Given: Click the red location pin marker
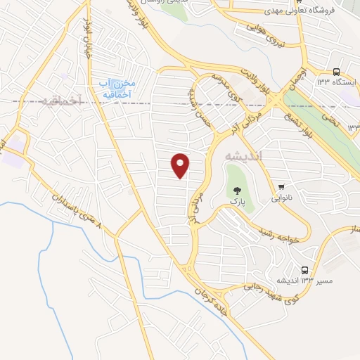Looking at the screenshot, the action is [181, 165].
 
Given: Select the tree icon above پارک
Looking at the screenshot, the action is [238, 189].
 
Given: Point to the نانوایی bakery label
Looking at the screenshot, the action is [285, 199].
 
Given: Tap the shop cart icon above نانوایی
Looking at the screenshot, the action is [282, 186].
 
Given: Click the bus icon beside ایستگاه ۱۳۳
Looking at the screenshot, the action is [337, 72].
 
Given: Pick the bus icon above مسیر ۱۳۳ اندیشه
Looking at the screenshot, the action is [305, 270].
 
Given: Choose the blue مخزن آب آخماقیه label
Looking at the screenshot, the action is [116, 89].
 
